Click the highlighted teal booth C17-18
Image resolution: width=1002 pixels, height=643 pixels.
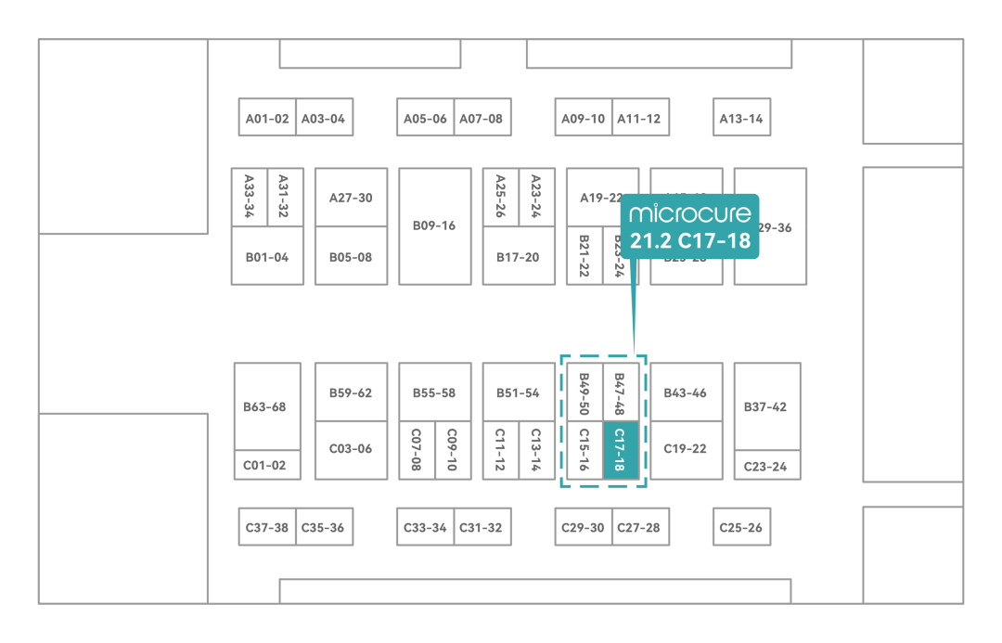pos(621,450)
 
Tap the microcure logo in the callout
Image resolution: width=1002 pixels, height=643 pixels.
pos(689,214)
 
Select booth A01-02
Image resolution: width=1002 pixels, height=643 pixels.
pos(267,118)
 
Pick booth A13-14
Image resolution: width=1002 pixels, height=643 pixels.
pos(741,118)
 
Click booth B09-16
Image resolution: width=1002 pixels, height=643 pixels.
pos(434,225)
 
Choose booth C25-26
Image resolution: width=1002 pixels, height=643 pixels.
pos(741,527)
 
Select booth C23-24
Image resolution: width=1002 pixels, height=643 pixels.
pos(766,466)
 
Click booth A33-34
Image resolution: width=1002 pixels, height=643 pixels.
pos(249,197)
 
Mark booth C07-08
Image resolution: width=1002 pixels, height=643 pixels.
pos(417,450)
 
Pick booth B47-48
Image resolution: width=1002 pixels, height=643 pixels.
pos(621,392)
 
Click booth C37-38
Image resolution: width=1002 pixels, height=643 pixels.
pos(267,527)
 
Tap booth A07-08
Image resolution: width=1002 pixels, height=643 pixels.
pos(482,118)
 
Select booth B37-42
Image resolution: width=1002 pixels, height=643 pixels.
pos(766,406)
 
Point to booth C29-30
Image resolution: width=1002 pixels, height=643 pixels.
pos(584,527)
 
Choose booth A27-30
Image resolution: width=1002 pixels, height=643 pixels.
pos(351,197)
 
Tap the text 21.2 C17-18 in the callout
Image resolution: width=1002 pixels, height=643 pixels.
pos(689,242)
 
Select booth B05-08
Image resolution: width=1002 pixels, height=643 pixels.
pos(351,256)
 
